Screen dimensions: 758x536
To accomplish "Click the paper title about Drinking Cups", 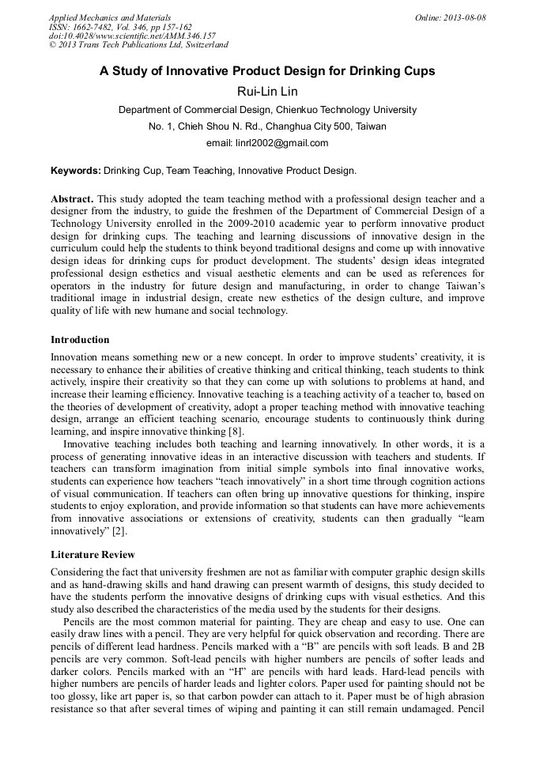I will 267,71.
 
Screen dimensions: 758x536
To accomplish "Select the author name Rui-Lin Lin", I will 267,91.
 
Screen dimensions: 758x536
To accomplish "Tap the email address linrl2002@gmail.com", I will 267,143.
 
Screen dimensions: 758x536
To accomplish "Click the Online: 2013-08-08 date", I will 450,17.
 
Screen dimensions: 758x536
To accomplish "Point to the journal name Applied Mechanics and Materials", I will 110,17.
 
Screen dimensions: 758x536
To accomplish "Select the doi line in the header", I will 132,36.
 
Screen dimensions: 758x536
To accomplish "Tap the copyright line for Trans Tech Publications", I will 139,46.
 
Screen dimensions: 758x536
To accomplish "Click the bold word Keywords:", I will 76,170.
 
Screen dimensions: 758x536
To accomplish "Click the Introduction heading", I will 80,340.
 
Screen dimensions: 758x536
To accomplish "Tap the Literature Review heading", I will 92,555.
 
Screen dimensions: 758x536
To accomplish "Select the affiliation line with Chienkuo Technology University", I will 267,110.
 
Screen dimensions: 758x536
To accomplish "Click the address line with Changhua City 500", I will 267,126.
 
